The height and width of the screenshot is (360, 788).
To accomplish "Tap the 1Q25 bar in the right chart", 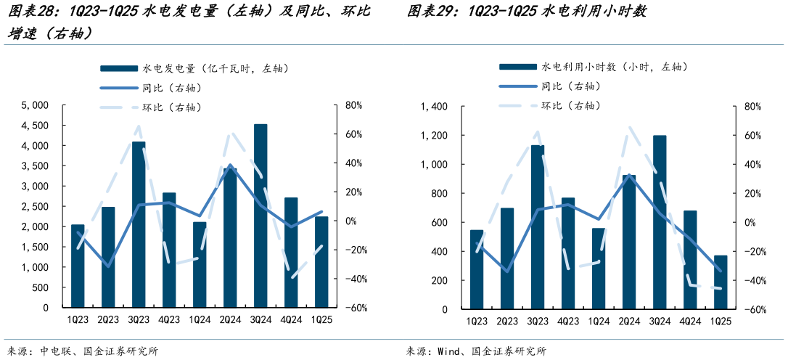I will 721,282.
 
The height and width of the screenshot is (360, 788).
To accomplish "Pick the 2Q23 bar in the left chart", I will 108,257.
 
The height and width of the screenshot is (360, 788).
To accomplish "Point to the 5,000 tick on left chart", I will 35,105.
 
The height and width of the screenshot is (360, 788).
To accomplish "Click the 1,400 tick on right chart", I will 434,107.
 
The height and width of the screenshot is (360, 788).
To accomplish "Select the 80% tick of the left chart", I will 353,105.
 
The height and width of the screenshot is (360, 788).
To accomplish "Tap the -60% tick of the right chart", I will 750,310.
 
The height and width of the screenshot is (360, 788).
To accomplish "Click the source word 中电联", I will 55,351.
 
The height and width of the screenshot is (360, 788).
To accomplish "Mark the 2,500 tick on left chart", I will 35,207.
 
